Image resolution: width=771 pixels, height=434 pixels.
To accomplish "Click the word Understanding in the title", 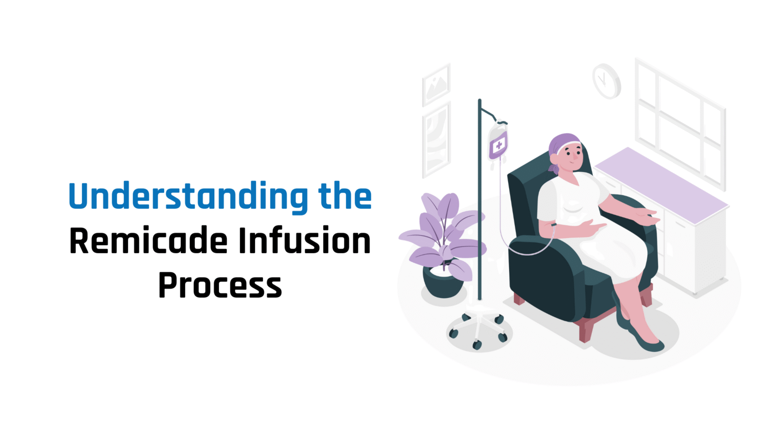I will coord(188,196).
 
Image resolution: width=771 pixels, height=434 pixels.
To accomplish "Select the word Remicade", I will coord(149,241).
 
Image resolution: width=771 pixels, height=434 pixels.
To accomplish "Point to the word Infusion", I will coord(304,241).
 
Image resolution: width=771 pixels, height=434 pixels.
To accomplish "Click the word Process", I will coord(220,285).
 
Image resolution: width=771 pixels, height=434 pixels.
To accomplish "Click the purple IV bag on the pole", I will coord(498,143).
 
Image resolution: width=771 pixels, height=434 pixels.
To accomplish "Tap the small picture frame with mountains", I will coord(436,84).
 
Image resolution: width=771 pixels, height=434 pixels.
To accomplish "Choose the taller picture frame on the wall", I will coord(436,140).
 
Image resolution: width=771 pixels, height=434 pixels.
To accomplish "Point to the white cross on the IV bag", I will coord(498,146).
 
